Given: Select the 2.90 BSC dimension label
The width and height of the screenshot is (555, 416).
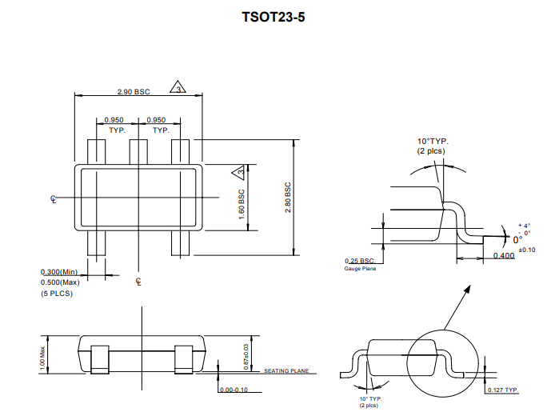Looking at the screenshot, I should [x=133, y=92].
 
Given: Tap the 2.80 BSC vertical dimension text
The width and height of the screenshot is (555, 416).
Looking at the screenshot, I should [x=288, y=197].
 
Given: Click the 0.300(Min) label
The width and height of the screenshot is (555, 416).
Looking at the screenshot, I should [x=59, y=272].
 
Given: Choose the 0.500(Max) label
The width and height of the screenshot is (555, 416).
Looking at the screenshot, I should [x=60, y=282].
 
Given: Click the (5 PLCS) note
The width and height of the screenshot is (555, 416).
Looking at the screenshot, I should [x=57, y=294].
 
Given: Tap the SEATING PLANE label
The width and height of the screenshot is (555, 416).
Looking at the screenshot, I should [x=286, y=371].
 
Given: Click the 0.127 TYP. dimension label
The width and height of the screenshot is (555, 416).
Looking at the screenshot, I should [x=502, y=390].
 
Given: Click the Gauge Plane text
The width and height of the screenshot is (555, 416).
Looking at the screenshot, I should [x=360, y=269].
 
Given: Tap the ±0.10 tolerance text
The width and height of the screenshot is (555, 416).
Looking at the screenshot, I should [x=526, y=250].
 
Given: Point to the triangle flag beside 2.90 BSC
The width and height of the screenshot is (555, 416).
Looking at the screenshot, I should [x=178, y=87].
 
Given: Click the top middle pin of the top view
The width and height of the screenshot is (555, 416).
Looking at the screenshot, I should [x=139, y=152].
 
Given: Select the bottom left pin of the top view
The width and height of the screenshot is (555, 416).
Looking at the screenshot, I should [x=96, y=243].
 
